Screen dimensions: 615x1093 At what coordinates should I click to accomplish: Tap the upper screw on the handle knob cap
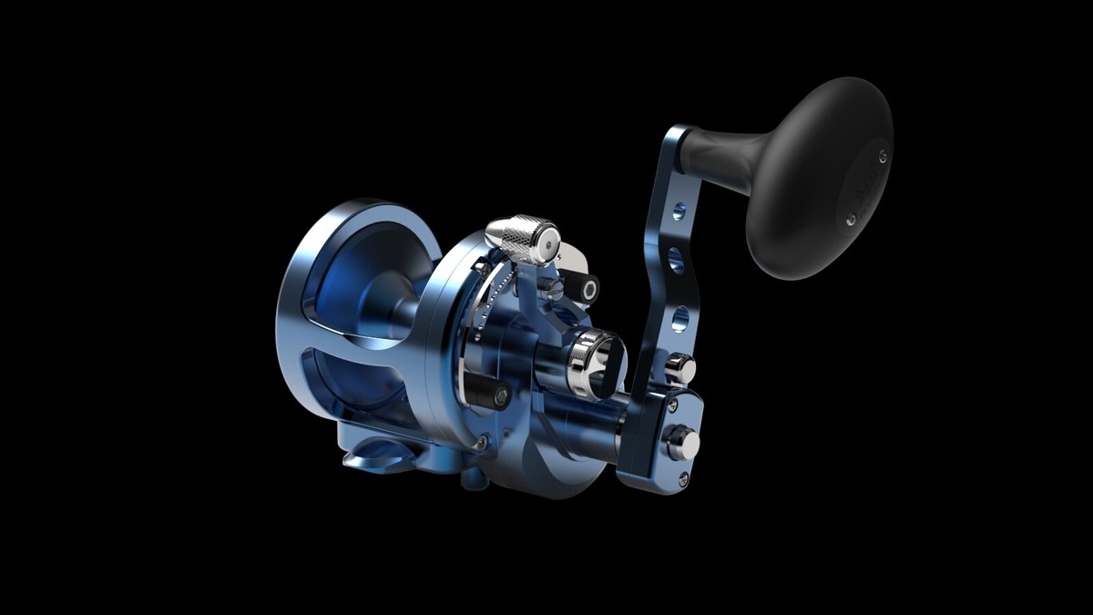[x=882, y=155]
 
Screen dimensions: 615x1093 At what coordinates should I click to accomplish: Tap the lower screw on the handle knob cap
[x=851, y=220]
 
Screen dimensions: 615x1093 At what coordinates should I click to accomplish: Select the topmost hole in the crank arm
[x=679, y=212]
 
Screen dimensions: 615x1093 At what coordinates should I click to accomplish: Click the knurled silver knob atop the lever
[x=522, y=239]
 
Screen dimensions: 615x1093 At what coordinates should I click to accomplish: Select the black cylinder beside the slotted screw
[x=584, y=289]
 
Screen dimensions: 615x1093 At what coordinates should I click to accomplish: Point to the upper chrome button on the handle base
[x=680, y=368]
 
